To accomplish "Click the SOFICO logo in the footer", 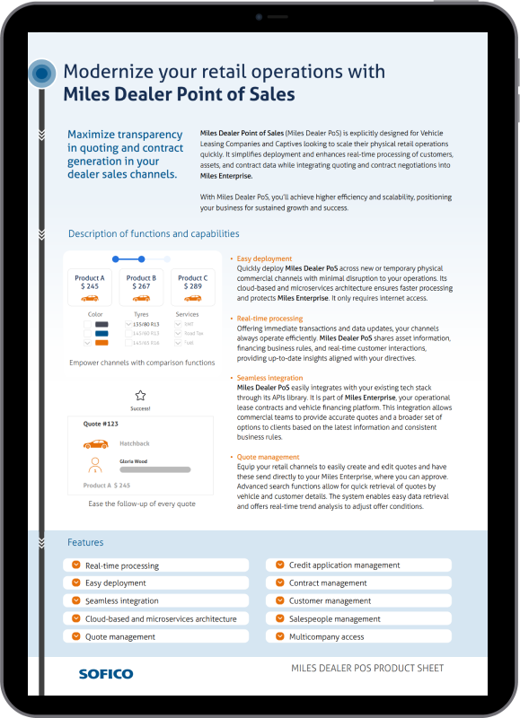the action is click(105, 673).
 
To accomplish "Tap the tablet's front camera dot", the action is click(259, 17).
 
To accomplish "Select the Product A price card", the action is click(90, 287).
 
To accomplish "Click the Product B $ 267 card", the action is click(140, 287).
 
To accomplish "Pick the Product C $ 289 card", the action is click(191, 287).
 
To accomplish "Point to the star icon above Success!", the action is click(140, 395).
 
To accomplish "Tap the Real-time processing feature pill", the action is click(156, 565).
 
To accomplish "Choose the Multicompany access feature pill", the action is click(358, 636).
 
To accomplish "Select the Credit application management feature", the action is click(358, 565).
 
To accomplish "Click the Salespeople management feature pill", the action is click(358, 618).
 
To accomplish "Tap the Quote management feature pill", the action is click(156, 636).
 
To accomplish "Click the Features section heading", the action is click(85, 542).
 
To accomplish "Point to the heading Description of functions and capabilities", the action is click(154, 234).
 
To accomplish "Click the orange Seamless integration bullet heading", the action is click(269, 378).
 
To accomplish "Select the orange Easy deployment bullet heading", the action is click(264, 258).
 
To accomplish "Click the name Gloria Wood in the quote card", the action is click(133, 460).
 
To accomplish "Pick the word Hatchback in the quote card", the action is click(136, 443).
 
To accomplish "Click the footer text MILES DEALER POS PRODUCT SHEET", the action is click(367, 669).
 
